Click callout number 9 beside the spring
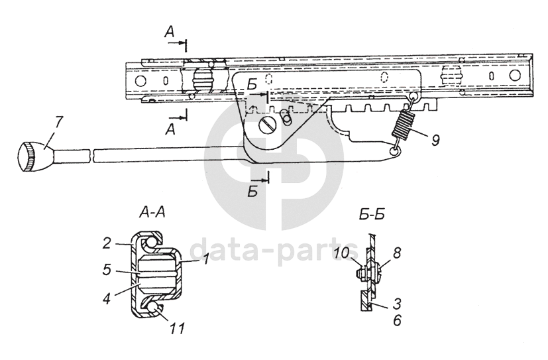click(x=435, y=141)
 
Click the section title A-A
click(x=152, y=213)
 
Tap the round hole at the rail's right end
click(x=512, y=76)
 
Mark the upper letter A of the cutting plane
click(x=171, y=31)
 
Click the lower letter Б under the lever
click(x=252, y=193)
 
